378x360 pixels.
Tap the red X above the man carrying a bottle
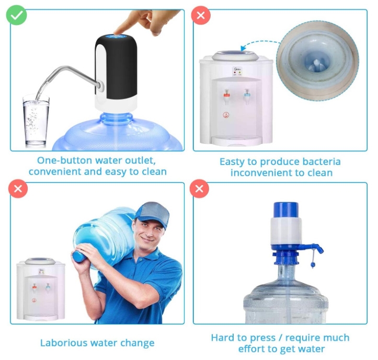(18, 189)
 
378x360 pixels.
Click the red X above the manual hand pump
(200, 189)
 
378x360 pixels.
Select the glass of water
(36, 122)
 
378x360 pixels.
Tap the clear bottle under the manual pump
(285, 298)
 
